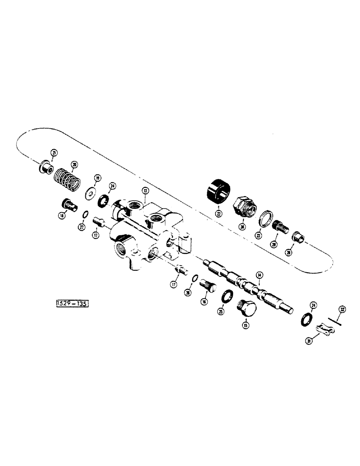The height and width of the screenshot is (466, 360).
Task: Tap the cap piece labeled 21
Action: click(x=45, y=165)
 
